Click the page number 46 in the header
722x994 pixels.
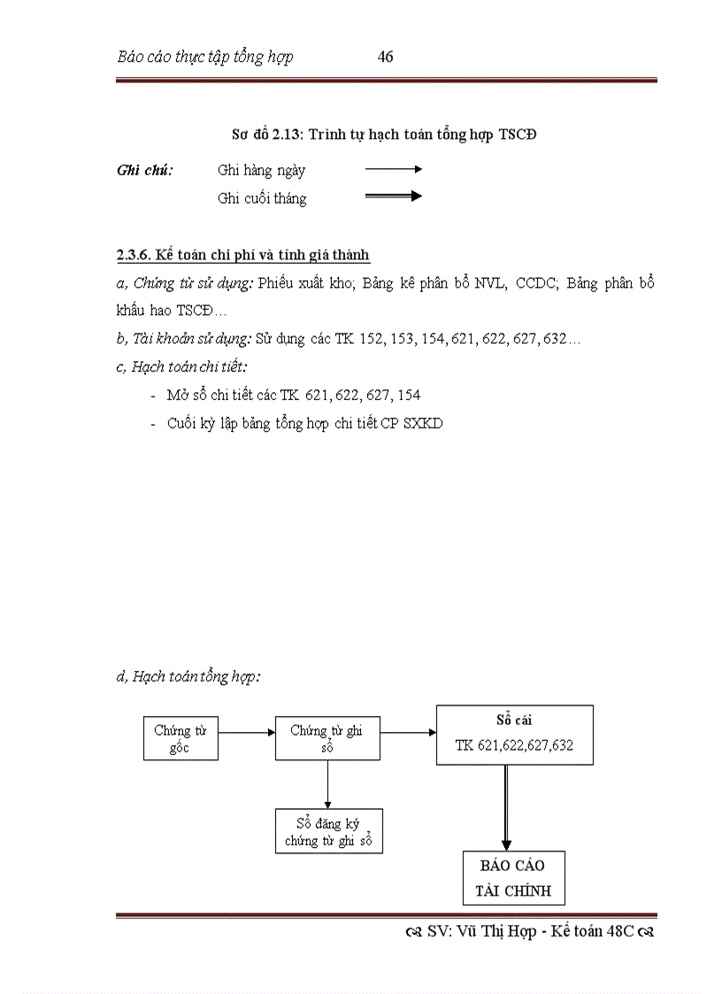[x=385, y=58]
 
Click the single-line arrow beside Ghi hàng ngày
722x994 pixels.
[x=394, y=168]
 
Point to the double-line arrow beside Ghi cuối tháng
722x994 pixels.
[x=394, y=196]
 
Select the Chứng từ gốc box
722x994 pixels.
[x=180, y=738]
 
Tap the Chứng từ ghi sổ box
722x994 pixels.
[x=327, y=738]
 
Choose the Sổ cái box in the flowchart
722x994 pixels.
[x=514, y=735]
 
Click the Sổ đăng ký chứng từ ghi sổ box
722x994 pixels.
[x=328, y=831]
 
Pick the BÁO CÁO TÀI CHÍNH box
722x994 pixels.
[x=513, y=878]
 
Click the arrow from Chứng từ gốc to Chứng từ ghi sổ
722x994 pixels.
[x=247, y=733]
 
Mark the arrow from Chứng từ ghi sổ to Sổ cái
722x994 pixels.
[x=408, y=733]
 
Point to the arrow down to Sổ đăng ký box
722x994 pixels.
[x=327, y=783]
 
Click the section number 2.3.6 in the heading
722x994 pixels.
[x=134, y=255]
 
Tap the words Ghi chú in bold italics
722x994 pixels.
[x=144, y=170]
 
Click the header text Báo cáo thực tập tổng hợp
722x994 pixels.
[x=205, y=58]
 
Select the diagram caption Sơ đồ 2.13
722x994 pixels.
[x=269, y=135]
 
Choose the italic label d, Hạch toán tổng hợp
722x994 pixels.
[x=188, y=677]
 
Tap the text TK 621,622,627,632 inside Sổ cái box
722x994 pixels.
[x=514, y=745]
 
